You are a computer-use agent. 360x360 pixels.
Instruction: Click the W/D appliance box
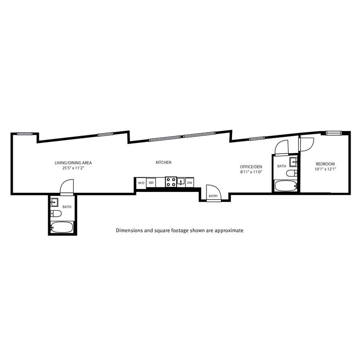click(141, 183)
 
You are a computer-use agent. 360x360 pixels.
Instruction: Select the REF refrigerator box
click(151, 183)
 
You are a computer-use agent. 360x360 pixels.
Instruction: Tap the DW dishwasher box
click(190, 183)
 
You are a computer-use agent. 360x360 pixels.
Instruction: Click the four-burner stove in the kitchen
click(171, 182)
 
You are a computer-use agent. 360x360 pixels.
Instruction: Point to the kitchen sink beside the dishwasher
click(181, 182)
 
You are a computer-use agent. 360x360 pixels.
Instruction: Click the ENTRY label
click(213, 196)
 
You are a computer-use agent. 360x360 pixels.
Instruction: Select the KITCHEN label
click(163, 163)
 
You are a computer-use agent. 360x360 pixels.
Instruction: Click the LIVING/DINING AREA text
click(73, 163)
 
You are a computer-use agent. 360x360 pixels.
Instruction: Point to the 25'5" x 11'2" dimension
click(73, 168)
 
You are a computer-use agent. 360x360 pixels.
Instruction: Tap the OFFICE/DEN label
click(251, 166)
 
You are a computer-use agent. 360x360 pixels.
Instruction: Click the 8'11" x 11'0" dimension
click(251, 172)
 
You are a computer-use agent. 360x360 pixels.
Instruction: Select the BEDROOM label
click(325, 164)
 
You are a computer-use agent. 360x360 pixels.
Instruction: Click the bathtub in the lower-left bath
click(62, 227)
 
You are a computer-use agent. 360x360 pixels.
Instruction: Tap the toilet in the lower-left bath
click(56, 213)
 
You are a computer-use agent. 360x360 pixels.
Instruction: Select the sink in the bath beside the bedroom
click(293, 162)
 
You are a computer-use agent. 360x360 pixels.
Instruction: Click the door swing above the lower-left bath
click(67, 187)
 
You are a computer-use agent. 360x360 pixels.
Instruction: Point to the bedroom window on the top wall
click(334, 133)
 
